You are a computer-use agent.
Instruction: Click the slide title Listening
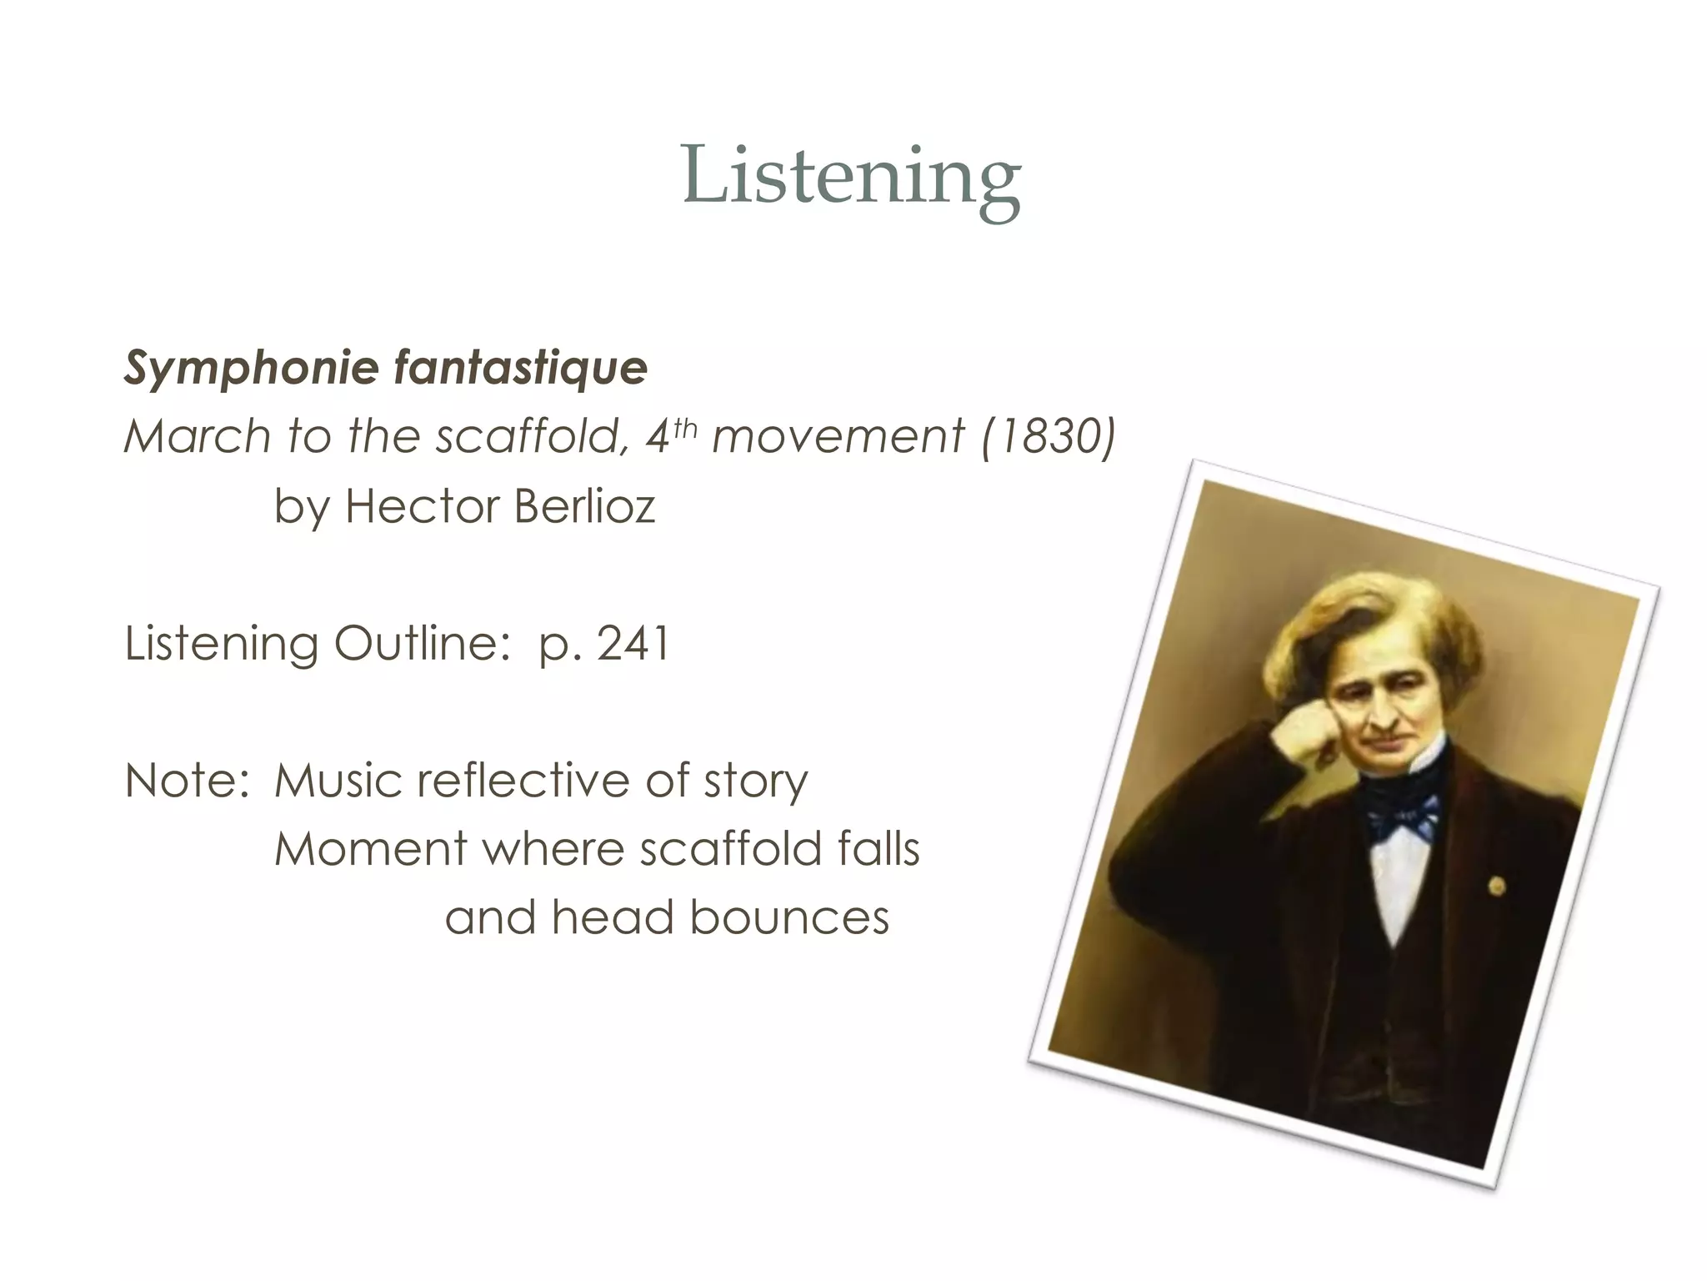pos(851,176)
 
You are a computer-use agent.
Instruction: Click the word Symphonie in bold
pos(251,369)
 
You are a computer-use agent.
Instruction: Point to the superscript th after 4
pos(684,426)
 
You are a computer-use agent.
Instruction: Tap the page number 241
pos(633,643)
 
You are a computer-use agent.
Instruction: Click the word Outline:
pos(423,643)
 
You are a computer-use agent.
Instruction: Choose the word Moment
pos(370,849)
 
